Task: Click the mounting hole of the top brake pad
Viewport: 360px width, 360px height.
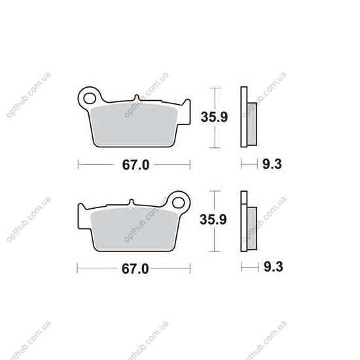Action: tap(90, 98)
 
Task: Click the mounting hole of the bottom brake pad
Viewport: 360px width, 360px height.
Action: tap(179, 203)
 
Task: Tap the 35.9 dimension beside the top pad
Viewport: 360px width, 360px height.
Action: tap(214, 117)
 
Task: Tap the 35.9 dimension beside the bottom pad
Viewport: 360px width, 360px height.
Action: tap(213, 219)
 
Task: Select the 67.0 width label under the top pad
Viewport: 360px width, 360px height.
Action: tap(135, 165)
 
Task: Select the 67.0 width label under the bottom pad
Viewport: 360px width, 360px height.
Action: tap(135, 268)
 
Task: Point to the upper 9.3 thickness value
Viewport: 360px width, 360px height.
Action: tap(272, 164)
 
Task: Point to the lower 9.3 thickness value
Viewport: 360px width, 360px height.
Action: tap(273, 267)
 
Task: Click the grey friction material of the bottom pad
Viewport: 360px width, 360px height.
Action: tap(134, 229)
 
